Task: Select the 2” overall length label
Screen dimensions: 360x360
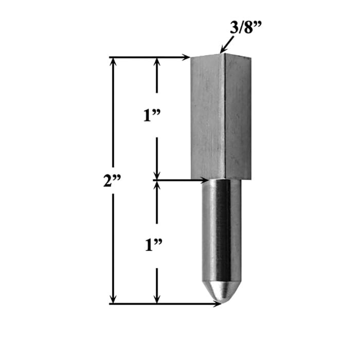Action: (112, 181)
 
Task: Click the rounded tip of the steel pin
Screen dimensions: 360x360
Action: (221, 293)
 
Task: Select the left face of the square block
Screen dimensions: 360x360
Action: (207, 118)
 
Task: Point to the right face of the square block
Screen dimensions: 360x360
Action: (238, 118)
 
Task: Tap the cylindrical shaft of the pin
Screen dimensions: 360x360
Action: (221, 231)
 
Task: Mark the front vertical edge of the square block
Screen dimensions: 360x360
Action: (224, 118)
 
